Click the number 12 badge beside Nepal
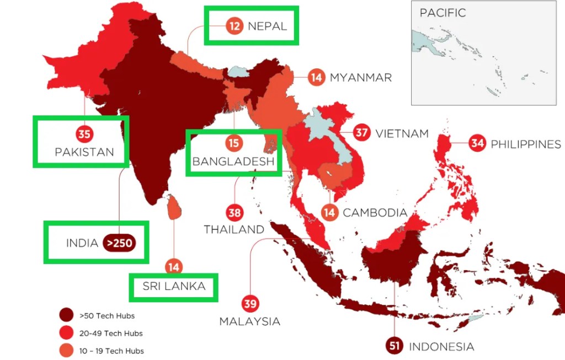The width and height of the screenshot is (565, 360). point(234,26)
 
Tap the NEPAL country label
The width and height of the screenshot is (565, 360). point(267,26)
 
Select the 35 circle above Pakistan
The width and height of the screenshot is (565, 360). point(84,133)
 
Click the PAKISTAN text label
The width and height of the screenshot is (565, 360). point(84,152)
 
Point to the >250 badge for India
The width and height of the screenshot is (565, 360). point(119,243)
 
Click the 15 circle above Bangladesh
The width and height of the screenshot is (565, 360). point(234,143)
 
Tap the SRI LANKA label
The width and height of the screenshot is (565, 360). point(174,286)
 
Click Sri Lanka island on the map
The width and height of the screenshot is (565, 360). point(173,207)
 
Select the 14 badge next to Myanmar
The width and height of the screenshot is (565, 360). point(316,77)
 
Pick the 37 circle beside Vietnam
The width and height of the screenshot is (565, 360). point(362,133)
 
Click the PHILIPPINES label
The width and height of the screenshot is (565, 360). point(525,144)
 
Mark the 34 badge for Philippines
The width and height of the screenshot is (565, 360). point(477,144)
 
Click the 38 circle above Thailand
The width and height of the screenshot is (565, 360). point(234,212)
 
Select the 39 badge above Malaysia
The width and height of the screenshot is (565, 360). point(250,304)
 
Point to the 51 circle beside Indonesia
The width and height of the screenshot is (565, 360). point(394,346)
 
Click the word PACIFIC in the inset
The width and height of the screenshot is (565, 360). point(443,13)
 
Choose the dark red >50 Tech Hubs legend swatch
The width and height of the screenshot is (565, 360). point(67,316)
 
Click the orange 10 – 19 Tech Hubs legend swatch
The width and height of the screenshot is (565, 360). point(67,351)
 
